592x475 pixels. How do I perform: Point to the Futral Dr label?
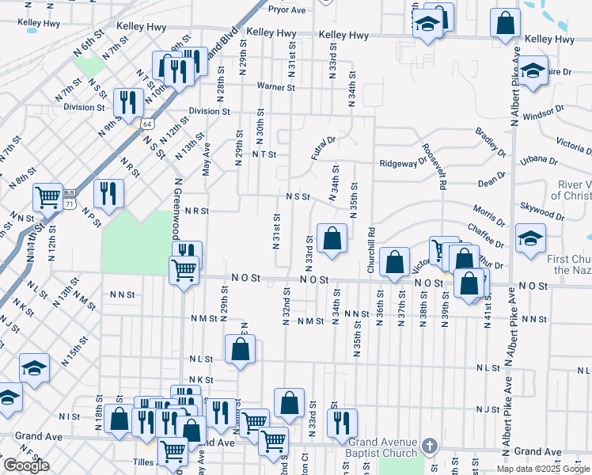pyautogui.click(x=324, y=147)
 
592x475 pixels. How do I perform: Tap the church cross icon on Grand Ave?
pyautogui.click(x=430, y=446)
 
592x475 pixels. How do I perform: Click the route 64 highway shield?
pyautogui.click(x=147, y=124)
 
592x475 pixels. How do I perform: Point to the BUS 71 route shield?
pyautogui.click(x=70, y=199)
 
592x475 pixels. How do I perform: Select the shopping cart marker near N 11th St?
pyautogui.click(x=48, y=196)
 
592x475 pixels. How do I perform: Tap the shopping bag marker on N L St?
pyautogui.click(x=240, y=348)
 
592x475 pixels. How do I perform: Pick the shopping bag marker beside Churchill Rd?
pyautogui.click(x=393, y=261)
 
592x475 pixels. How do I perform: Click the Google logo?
pyautogui.click(x=26, y=466)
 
